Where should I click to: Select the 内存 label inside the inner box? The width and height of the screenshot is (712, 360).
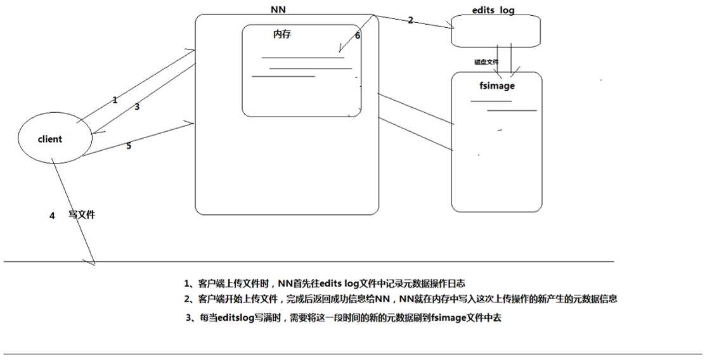tap(282, 35)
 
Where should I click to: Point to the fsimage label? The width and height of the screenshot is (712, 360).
tap(497, 86)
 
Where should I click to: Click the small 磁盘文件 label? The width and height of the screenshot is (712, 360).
tap(486, 62)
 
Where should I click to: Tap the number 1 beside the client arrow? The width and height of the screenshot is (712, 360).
tap(115, 100)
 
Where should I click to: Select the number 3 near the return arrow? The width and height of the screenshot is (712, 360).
tap(136, 106)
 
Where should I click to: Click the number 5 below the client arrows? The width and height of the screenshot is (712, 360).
tap(129, 146)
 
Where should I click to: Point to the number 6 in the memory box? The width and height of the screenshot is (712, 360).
tap(358, 36)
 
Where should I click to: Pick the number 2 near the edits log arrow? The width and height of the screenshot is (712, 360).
tap(410, 20)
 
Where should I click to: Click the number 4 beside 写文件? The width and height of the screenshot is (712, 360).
tap(52, 215)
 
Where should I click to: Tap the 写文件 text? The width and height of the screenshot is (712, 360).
tap(82, 215)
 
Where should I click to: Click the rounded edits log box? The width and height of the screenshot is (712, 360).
tap(496, 30)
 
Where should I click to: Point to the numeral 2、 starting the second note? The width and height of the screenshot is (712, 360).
tap(188, 299)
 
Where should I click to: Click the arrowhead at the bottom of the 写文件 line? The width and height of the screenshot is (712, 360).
tap(92, 260)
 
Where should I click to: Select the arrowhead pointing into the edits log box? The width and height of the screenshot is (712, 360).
tap(453, 26)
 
